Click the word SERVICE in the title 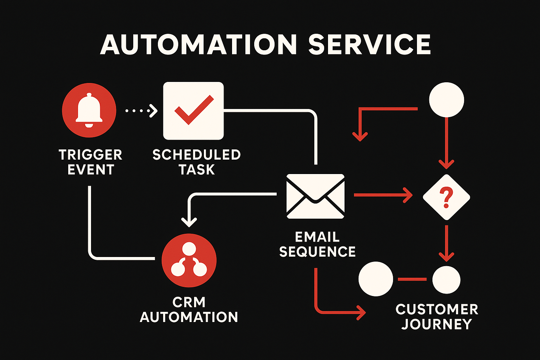click(x=369, y=45)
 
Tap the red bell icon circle click(x=89, y=110)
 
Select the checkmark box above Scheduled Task click(x=193, y=111)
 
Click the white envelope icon click(x=315, y=196)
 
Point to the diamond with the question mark click(x=446, y=197)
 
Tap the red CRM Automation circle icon click(x=189, y=261)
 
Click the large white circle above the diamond click(x=446, y=99)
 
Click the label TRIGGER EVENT click(x=90, y=162)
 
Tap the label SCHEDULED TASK click(x=197, y=162)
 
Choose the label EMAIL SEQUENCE click(x=317, y=244)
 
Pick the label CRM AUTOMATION click(x=189, y=310)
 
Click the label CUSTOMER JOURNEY click(x=437, y=316)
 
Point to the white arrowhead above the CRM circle click(x=189, y=222)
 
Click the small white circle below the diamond click(x=446, y=280)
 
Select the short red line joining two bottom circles click(x=412, y=279)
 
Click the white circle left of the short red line click(x=375, y=279)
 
